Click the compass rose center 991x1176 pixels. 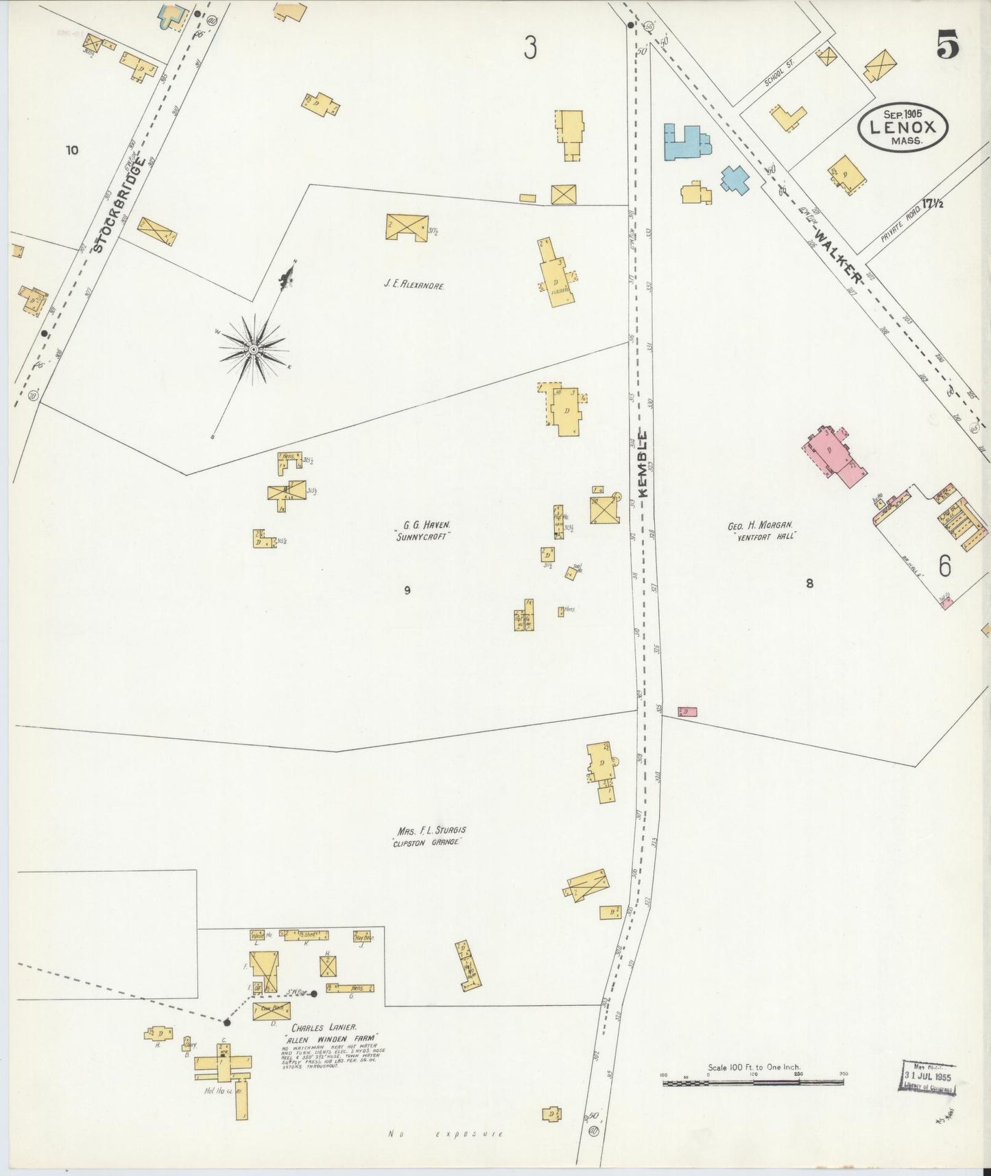[x=254, y=349]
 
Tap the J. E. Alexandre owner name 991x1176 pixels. [x=414, y=283]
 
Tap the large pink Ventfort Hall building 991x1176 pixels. [x=834, y=456]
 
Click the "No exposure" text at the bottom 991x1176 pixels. [x=446, y=1135]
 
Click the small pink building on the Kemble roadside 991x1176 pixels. [x=687, y=712]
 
